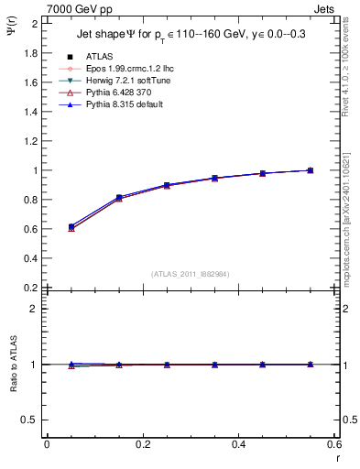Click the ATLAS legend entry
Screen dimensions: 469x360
coord(98,56)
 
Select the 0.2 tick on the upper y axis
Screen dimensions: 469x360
coord(32,288)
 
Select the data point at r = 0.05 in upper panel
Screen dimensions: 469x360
coord(47,226)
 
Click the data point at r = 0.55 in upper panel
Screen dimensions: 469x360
coord(311,170)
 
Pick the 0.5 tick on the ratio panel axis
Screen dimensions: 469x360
coord(32,420)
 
